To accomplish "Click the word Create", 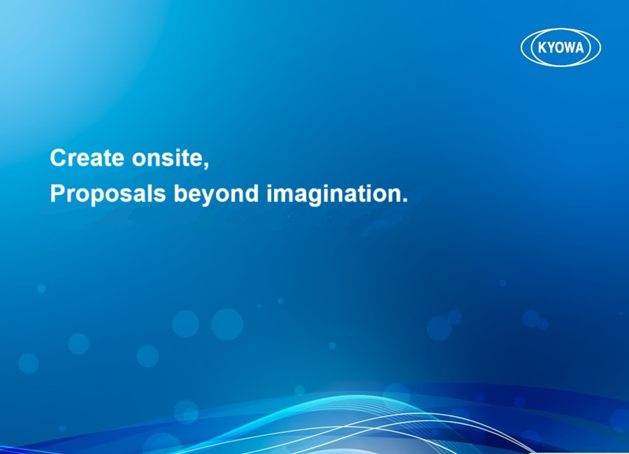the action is (87, 158).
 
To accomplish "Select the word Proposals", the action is (108, 193).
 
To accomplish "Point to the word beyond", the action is (216, 194).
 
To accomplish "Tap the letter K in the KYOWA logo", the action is (542, 47).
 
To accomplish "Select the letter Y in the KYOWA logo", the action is (551, 47).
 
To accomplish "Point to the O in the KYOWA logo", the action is (560, 47).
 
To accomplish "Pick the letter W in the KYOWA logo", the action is (570, 47).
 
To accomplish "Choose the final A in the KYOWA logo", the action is (580, 47).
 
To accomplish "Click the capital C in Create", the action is (58, 158).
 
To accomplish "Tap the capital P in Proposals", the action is (57, 193).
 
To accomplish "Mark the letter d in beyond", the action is (252, 193).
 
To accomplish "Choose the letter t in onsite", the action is (182, 159).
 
